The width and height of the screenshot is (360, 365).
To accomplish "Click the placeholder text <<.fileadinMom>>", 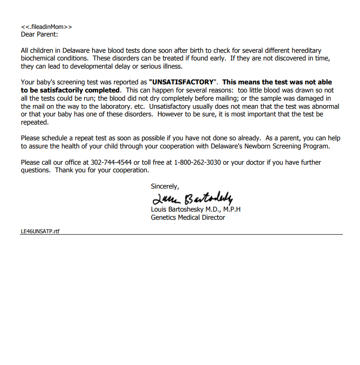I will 46,27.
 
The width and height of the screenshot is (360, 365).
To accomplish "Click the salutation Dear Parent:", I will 39,34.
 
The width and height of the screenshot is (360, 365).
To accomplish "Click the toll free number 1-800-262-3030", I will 197,162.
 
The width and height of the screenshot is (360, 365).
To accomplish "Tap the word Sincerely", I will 165,186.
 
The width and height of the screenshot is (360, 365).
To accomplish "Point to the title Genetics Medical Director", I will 188,217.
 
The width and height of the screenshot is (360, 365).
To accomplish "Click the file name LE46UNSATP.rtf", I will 40,231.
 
